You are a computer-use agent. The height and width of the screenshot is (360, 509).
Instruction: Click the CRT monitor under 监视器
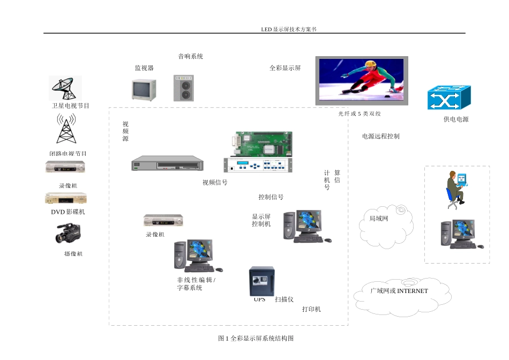pyautogui.click(x=144, y=89)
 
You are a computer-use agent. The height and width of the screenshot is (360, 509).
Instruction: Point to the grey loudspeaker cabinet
pyautogui.click(x=185, y=88)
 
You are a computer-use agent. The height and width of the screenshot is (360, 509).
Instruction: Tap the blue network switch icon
pyautogui.click(x=448, y=98)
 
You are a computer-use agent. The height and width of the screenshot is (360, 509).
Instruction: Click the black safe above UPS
pyautogui.click(x=261, y=281)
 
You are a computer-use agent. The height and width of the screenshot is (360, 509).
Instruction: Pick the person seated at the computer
pyautogui.click(x=455, y=187)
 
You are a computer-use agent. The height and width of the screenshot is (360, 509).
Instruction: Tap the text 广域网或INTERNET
pyautogui.click(x=399, y=291)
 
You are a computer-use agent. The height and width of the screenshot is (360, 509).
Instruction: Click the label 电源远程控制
pyautogui.click(x=380, y=137)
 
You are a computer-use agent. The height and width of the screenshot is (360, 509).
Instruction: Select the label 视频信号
pyautogui.click(x=215, y=183)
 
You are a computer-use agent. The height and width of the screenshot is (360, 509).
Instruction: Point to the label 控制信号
pyautogui.click(x=271, y=197)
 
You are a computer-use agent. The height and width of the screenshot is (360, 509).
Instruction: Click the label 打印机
pyautogui.click(x=311, y=310)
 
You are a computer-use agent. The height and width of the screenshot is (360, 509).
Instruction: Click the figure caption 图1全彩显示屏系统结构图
pyautogui.click(x=256, y=339)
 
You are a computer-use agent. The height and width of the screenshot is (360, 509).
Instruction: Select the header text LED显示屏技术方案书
pyautogui.click(x=289, y=29)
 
